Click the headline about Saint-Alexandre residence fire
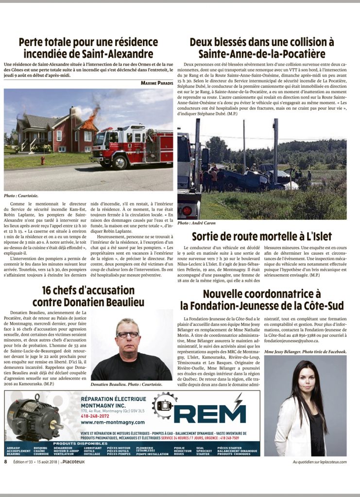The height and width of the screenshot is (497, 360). (88, 48)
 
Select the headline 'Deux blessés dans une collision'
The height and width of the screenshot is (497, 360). (262, 48)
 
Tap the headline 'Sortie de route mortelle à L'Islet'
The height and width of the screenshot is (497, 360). (262, 236)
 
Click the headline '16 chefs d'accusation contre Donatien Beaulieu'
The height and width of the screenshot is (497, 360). (88, 296)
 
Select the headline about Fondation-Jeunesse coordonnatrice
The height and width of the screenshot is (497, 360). (262, 299)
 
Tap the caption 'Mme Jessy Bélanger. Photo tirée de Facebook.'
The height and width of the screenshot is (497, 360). (305, 351)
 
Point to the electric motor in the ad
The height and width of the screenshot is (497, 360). (34, 416)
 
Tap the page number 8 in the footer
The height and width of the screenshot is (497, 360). (6, 462)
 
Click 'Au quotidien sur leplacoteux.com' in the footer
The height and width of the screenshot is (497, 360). (319, 462)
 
